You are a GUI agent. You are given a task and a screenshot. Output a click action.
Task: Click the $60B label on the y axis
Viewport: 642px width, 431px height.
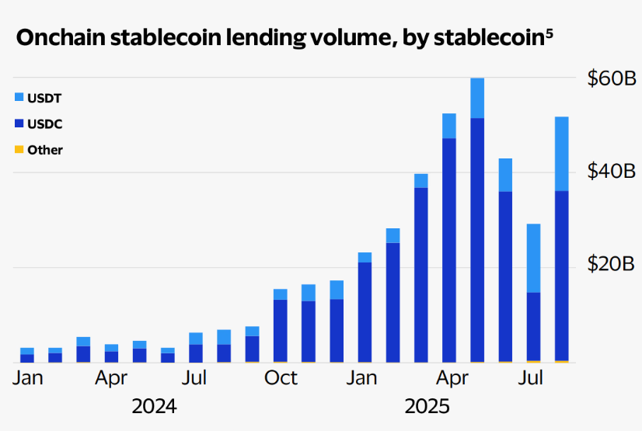pos(612,78)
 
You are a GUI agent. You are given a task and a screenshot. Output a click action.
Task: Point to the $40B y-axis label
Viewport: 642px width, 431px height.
pos(612,171)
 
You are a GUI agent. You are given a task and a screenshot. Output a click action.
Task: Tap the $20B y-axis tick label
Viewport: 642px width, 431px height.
pos(612,264)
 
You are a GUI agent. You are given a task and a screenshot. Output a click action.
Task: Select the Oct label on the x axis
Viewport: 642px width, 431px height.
pos(281,378)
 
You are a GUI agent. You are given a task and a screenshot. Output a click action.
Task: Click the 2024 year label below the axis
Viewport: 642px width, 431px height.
pos(154,406)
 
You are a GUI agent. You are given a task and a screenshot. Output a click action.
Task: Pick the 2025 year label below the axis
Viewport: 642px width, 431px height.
pos(427,406)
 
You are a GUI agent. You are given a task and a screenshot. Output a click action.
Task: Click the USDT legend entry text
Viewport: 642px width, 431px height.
pos(44,99)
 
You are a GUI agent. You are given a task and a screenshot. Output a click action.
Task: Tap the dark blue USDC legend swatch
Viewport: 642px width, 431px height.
pos(19,123)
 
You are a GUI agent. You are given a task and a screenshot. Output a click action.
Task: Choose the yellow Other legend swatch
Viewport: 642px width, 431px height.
pos(19,149)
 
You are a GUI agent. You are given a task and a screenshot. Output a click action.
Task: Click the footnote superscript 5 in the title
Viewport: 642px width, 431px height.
pos(550,33)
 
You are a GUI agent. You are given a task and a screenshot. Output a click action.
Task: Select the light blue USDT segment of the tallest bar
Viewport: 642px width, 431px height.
pos(477,98)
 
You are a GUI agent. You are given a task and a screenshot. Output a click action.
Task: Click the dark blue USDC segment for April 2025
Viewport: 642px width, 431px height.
pos(449,249)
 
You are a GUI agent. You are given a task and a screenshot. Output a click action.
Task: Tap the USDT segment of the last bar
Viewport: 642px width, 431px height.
pos(561,154)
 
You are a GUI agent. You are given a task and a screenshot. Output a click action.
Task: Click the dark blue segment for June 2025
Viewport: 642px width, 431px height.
pos(505,276)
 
